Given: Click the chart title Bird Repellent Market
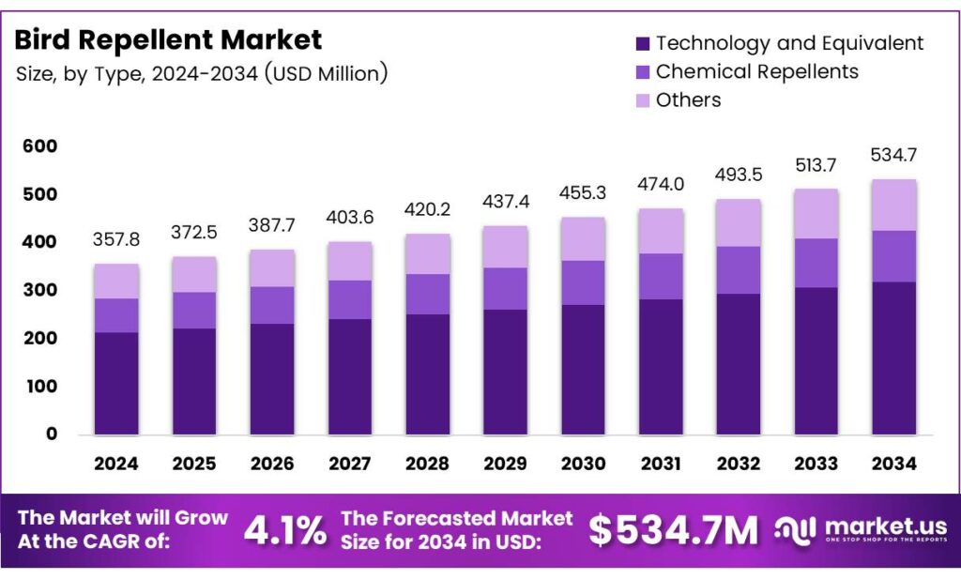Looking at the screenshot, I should click(169, 39).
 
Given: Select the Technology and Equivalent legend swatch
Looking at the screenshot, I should click(643, 43).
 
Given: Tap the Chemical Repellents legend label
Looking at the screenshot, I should click(756, 71).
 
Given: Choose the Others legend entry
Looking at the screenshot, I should click(688, 99).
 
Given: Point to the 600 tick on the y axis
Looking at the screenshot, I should click(41, 146).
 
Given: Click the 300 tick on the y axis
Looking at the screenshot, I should click(41, 291).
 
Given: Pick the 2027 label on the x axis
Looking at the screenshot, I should click(349, 464).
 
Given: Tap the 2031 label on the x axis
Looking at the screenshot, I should click(661, 464).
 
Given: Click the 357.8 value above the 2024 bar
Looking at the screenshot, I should click(116, 240).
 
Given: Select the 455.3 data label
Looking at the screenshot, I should click(583, 193).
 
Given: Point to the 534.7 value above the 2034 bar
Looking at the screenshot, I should click(893, 155).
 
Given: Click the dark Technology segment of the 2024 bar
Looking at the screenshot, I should click(116, 383).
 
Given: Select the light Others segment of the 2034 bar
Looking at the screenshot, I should click(893, 205).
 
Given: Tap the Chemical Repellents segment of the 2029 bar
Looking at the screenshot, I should click(505, 288).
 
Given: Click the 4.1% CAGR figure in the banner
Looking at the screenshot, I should click(285, 531).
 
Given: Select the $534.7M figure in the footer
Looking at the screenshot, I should click(673, 531).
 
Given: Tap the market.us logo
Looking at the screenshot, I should click(861, 530).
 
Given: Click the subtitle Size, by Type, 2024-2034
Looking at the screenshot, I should click(202, 73).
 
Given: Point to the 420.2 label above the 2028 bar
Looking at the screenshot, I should click(427, 210).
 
